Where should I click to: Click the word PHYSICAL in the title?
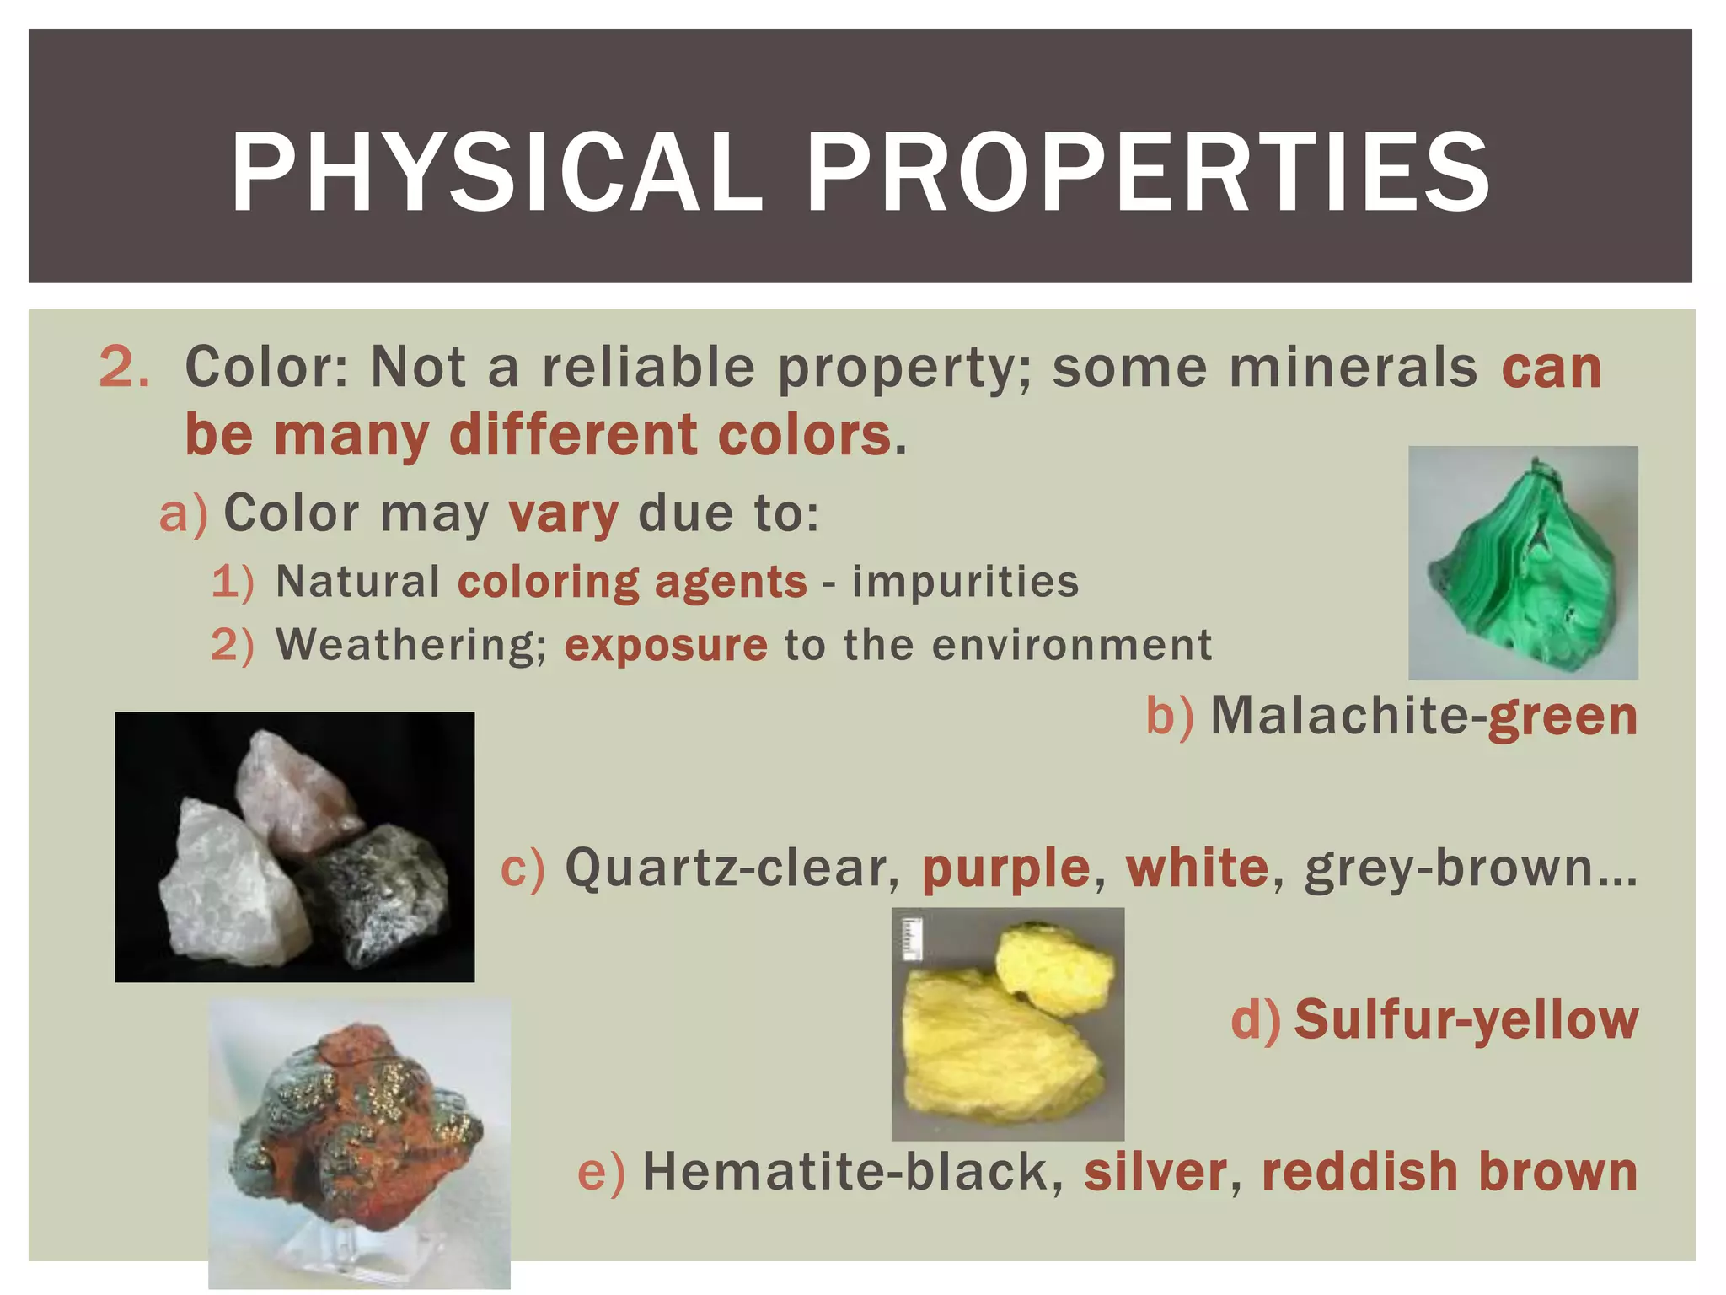pyautogui.click(x=496, y=173)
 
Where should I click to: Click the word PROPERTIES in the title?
pyautogui.click(x=1148, y=173)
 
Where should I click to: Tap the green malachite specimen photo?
pyautogui.click(x=1523, y=563)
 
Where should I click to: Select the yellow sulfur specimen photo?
pyautogui.click(x=1007, y=1024)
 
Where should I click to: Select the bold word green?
pyautogui.click(x=1563, y=716)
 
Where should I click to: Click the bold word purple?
pyautogui.click(x=1006, y=868)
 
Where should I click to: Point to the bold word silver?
pyautogui.click(x=1155, y=1172)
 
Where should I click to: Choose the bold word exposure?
pyautogui.click(x=666, y=646)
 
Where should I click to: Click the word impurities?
pyautogui.click(x=965, y=582)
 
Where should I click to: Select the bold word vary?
pyautogui.click(x=564, y=514)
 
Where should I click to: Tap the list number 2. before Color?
pyautogui.click(x=125, y=368)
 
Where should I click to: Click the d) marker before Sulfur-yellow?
pyautogui.click(x=1255, y=1020)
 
